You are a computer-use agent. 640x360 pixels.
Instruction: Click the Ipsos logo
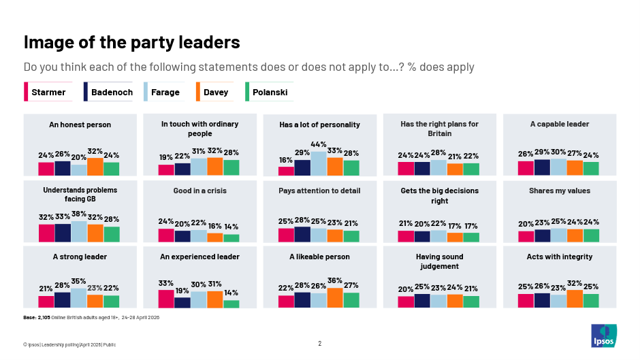[604, 336]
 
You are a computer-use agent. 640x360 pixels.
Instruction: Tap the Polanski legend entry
[268, 92]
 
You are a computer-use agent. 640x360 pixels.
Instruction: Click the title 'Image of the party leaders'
[132, 42]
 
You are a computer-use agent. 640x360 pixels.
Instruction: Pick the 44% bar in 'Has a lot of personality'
[319, 163]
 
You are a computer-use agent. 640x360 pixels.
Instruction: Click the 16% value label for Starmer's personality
[286, 160]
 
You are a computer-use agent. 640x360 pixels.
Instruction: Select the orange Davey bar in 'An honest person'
[95, 167]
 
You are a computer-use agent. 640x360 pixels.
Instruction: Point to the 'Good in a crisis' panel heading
[199, 191]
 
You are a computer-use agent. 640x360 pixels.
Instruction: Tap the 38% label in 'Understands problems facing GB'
[79, 214]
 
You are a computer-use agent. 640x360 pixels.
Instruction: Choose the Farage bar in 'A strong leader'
[79, 298]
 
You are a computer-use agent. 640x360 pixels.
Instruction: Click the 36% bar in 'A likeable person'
[335, 297]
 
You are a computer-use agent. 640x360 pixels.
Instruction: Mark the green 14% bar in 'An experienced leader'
[231, 304]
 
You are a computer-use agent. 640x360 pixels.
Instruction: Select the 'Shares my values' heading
[560, 191]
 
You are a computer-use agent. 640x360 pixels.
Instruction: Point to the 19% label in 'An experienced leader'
[182, 291]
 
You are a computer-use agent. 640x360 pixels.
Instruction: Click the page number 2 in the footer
[319, 344]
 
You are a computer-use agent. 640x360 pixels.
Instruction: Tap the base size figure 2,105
[44, 318]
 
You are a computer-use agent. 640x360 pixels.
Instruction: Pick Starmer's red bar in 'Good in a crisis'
[166, 235]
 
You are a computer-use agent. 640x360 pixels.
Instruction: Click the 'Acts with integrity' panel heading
[559, 257]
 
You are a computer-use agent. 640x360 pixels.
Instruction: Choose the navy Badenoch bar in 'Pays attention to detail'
[302, 234]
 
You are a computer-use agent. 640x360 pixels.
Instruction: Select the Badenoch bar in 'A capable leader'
[542, 167]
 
